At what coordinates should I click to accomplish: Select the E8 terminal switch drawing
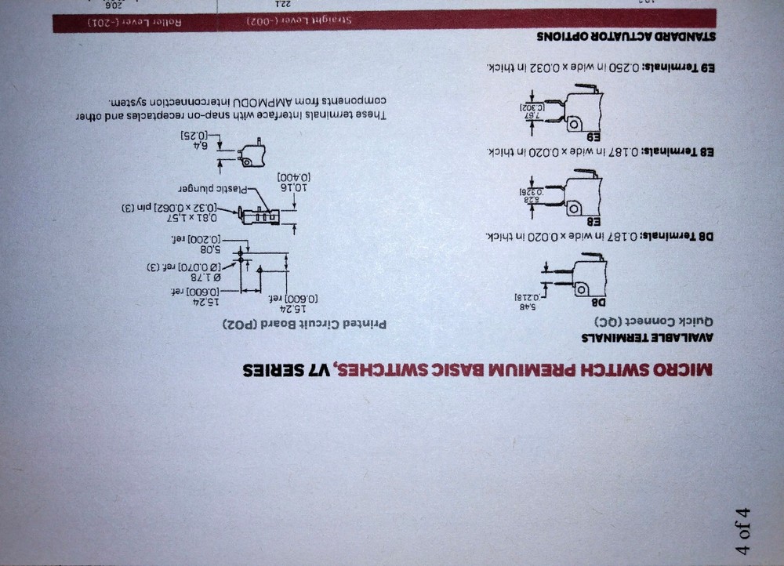click(580, 193)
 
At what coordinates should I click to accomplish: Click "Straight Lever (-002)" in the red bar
click(309, 20)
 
